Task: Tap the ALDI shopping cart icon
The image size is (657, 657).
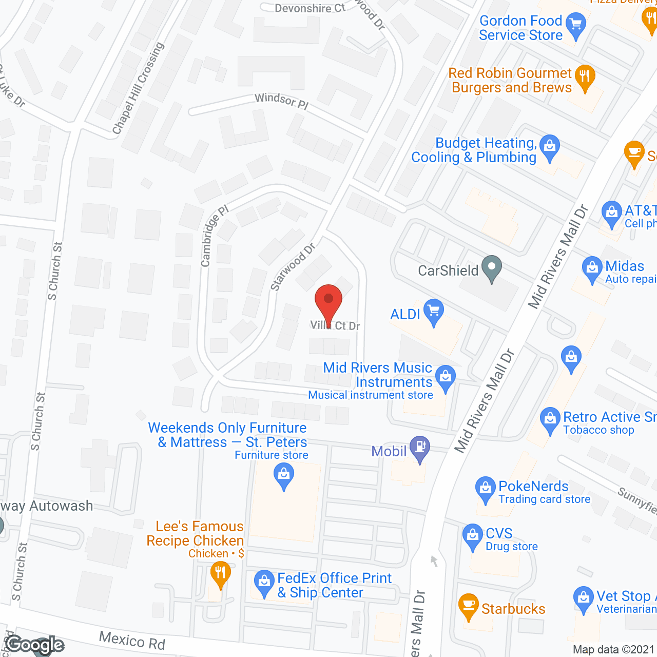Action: [x=434, y=312]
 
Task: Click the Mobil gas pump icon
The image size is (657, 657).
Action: [x=420, y=448]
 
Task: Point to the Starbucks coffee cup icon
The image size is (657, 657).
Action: [x=468, y=606]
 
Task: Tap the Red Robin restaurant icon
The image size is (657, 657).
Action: [x=585, y=78]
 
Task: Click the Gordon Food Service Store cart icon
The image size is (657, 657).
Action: [x=575, y=26]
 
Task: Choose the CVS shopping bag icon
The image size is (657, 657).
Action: [x=472, y=536]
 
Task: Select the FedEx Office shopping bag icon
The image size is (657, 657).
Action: [x=264, y=583]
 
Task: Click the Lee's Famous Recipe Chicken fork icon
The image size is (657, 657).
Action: [x=220, y=573]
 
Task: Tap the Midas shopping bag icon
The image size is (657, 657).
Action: [x=592, y=268]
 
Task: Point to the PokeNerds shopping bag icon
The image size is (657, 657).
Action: [x=485, y=489]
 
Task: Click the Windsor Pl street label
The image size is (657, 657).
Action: [x=281, y=100]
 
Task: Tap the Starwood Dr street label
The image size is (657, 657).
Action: [x=293, y=267]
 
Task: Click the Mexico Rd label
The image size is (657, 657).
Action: [x=132, y=640]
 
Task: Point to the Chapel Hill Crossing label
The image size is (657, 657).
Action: [x=138, y=88]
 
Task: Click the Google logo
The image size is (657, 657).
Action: [x=35, y=645]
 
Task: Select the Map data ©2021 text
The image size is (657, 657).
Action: [x=613, y=649]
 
